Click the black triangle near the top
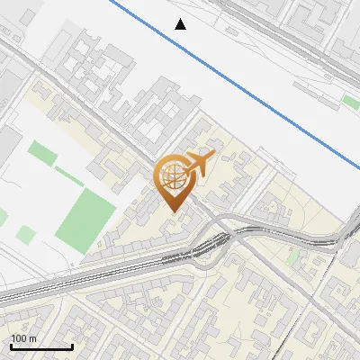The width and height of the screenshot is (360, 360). (181, 24)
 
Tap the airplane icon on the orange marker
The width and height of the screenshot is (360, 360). (197, 164)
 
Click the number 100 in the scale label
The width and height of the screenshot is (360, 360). (20, 338)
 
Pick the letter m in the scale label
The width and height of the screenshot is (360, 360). (33, 338)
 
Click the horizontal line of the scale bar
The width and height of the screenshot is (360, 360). (40, 346)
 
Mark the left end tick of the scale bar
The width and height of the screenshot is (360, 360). (9, 345)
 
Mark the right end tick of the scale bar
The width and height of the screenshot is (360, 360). (72, 345)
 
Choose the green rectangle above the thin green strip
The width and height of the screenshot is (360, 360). (41, 154)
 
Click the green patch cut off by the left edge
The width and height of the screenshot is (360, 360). (3, 217)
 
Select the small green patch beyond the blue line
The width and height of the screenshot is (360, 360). (350, 102)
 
